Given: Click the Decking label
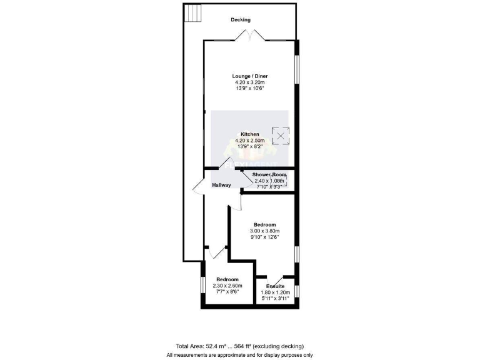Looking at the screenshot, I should (241, 20).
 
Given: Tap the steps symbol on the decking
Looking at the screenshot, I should (193, 13).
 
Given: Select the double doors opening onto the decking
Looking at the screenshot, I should (250, 36).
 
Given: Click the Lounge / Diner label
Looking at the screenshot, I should (250, 76).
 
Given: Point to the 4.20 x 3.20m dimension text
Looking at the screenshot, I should (250, 82).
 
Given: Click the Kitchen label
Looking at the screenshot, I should (250, 134).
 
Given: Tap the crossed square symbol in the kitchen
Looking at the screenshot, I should (281, 135).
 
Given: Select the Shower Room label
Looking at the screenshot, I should (269, 174).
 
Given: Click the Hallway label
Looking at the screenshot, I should (221, 185).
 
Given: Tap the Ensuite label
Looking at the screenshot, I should (275, 286).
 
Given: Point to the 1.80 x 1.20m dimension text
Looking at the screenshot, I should (275, 292).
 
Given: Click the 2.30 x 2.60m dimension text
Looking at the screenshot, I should (227, 285).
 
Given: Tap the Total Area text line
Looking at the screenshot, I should (240, 346).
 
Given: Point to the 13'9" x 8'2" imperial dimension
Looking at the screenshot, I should (250, 146).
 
